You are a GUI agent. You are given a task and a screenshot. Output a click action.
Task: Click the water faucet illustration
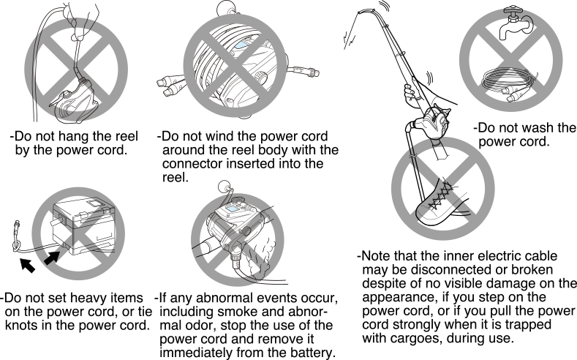[x=515, y=23]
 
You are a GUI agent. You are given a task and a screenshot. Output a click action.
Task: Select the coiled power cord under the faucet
[x=509, y=85]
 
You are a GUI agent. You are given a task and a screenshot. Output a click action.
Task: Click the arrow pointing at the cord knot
[x=27, y=265]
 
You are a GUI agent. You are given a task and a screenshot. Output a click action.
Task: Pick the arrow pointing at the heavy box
[x=52, y=258]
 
